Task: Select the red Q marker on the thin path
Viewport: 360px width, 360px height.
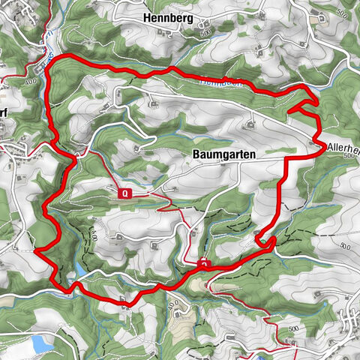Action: click(125, 193)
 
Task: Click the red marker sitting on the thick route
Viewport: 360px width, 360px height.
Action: click(204, 264)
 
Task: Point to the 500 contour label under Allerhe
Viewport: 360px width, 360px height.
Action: click(346, 157)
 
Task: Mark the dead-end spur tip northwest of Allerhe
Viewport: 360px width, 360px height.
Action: click(289, 112)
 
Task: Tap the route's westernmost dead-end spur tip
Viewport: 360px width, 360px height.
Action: click(34, 251)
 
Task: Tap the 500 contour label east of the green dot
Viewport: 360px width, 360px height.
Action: click(345, 246)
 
